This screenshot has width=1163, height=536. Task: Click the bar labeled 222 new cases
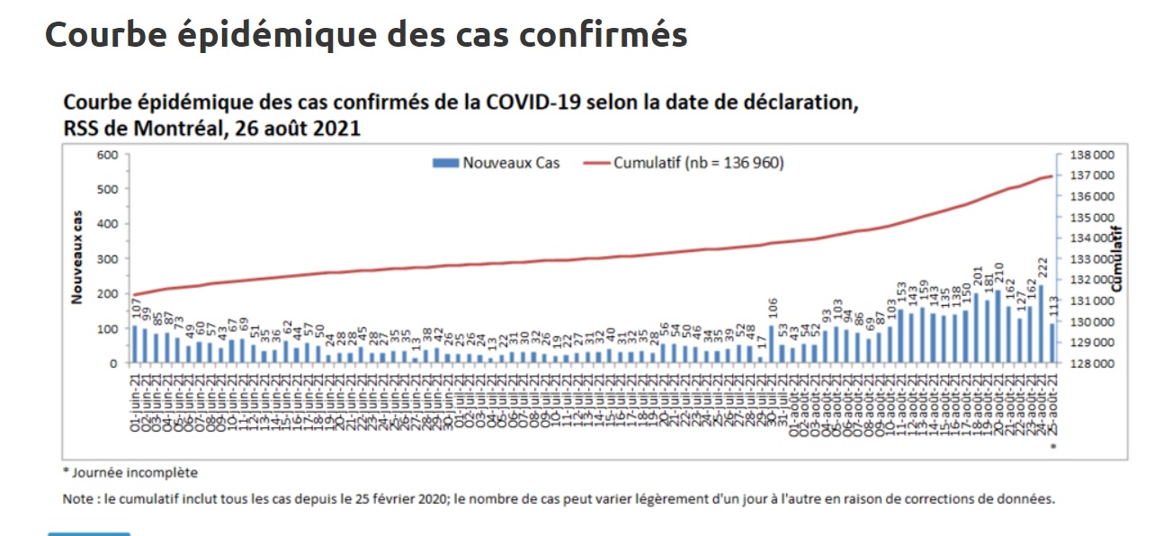1042,326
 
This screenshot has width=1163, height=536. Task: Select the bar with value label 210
998,327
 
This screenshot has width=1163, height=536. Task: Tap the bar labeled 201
977,329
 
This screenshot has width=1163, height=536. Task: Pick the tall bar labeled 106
772,345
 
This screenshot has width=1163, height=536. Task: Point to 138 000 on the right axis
1091,154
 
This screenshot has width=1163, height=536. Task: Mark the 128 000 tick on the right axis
1091,363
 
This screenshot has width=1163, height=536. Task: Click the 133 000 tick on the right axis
1091,259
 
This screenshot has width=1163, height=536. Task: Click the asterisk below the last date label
1052,446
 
